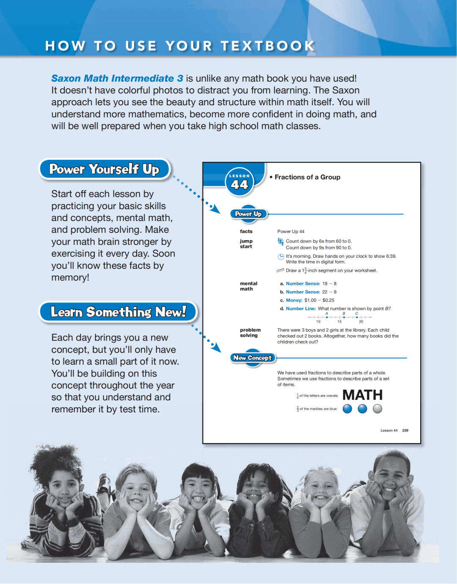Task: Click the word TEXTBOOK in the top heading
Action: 268,46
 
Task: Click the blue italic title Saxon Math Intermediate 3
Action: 117,79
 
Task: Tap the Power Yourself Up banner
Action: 104,169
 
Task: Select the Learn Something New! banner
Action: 118,312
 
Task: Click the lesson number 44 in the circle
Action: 240,184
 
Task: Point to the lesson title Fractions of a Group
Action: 307,177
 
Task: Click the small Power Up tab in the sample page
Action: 248,214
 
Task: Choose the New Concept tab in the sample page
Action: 253,358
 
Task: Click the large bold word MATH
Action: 362,395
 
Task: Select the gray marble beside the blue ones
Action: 377,409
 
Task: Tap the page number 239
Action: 405,430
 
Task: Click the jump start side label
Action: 246,244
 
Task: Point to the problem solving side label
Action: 250,333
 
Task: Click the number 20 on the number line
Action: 361,322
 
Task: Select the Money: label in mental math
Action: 294,300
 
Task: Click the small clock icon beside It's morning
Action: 281,257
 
